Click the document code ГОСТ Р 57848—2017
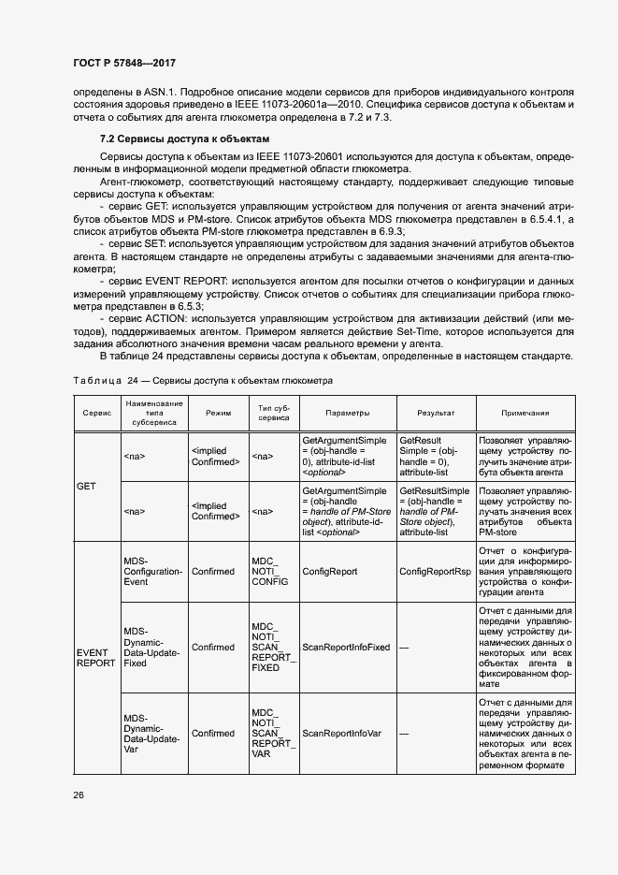[x=123, y=63]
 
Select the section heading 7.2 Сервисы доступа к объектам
[x=172, y=138]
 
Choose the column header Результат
[x=435, y=413]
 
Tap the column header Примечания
[x=525, y=413]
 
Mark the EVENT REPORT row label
[x=95, y=656]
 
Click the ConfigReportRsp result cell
[x=435, y=570]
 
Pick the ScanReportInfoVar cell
[x=342, y=733]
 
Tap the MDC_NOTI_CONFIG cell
[x=270, y=570]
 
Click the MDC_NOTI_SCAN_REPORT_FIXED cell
[x=273, y=647]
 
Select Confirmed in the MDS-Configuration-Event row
[x=213, y=570]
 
